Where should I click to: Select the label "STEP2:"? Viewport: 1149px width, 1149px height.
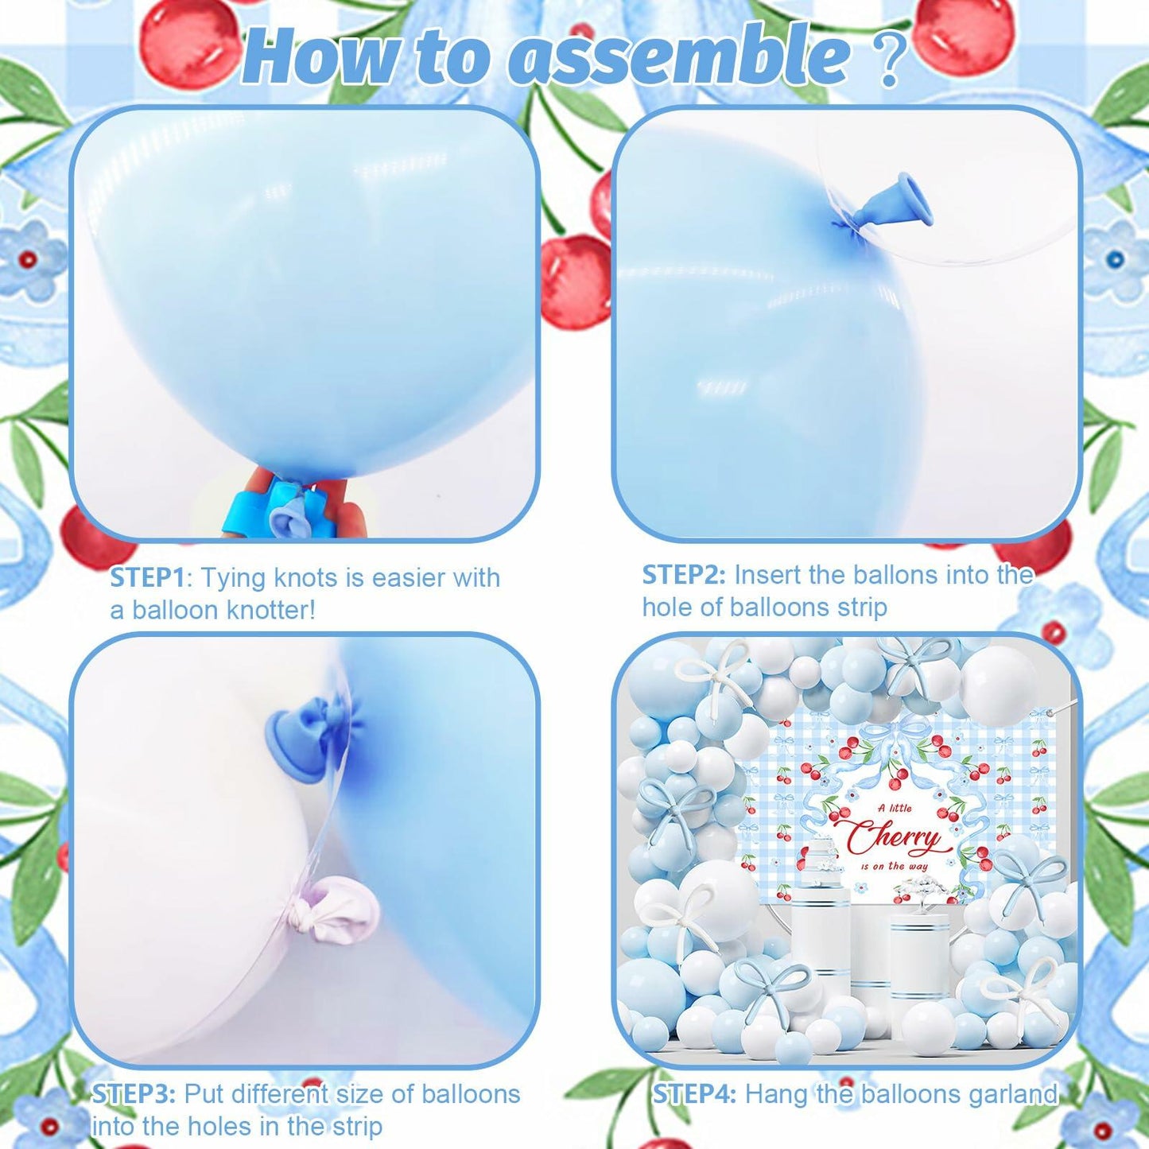(684, 574)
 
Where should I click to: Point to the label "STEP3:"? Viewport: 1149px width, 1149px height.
(134, 1094)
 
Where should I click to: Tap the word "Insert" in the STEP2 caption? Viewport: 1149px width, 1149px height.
(768, 574)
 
